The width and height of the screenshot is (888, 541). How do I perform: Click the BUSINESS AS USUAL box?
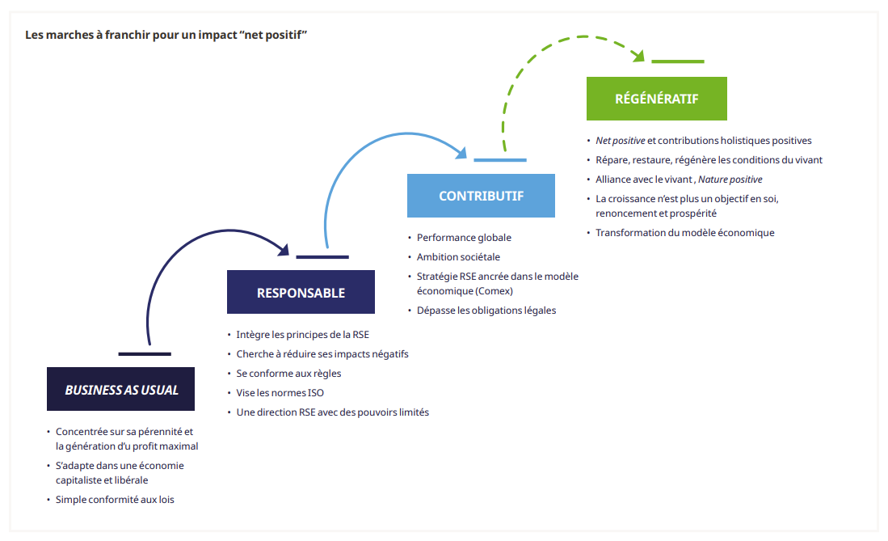pos(121,389)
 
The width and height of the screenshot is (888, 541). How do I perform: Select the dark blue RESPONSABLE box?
pos(301,292)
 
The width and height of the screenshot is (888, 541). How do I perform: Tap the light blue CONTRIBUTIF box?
pos(481,196)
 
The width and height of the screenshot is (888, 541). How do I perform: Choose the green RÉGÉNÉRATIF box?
pos(656,99)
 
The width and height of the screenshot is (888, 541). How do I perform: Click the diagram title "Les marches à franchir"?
pos(166,36)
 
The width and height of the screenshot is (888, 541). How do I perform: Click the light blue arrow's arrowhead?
pos(463,153)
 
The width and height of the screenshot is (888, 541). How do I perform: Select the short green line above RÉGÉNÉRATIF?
pos(677,61)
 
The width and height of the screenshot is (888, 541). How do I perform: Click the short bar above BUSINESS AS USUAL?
pos(145,353)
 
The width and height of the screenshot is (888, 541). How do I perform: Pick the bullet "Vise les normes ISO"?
pos(280,393)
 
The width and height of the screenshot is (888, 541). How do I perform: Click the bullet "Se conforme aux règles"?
pos(288,374)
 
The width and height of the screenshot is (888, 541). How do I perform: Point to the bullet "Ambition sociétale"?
pos(458,257)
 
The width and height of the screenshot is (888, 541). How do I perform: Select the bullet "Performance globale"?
pos(464,238)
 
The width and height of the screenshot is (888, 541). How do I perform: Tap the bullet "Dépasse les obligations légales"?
pos(486,311)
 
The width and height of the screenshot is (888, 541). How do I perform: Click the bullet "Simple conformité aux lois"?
pos(115,500)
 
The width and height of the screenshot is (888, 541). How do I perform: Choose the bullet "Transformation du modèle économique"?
pos(684,233)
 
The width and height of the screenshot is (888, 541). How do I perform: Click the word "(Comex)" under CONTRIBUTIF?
pos(495,291)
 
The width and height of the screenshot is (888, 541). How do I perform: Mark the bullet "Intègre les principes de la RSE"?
pos(302,334)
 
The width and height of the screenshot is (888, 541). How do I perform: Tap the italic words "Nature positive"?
pos(730,180)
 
